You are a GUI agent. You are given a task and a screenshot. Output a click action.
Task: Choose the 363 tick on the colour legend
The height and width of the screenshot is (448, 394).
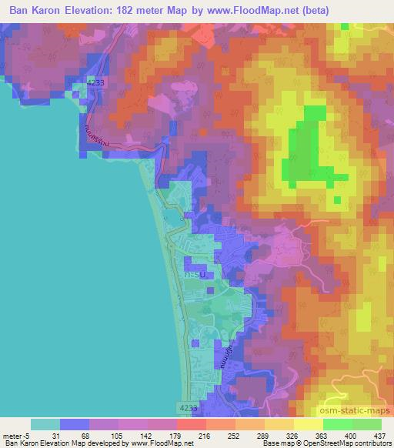(x=323, y=435)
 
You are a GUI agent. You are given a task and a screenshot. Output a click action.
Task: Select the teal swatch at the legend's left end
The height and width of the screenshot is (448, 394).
(x=45, y=424)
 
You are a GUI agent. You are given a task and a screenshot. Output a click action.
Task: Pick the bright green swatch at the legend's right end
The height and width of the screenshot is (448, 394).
(x=366, y=424)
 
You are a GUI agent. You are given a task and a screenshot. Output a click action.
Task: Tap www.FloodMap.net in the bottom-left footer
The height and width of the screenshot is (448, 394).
(x=159, y=444)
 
